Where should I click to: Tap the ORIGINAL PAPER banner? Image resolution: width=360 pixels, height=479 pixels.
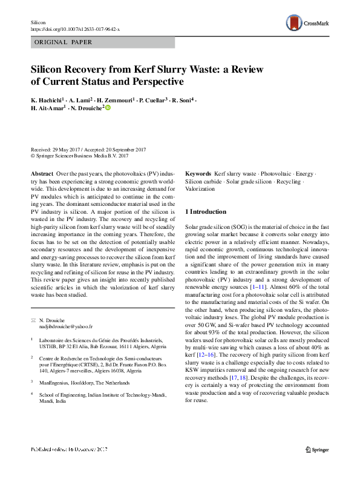click(64, 42)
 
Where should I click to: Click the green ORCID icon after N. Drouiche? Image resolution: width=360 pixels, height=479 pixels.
click(109, 107)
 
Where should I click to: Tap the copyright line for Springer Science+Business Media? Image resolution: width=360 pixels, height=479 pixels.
click(79, 156)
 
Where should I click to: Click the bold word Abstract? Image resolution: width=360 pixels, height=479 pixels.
click(41, 173)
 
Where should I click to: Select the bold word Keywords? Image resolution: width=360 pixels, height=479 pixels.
click(198, 173)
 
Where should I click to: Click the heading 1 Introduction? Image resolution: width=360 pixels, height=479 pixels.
click(205, 212)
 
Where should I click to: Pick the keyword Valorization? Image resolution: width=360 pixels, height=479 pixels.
click(200, 189)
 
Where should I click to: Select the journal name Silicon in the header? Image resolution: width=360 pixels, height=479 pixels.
click(38, 22)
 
